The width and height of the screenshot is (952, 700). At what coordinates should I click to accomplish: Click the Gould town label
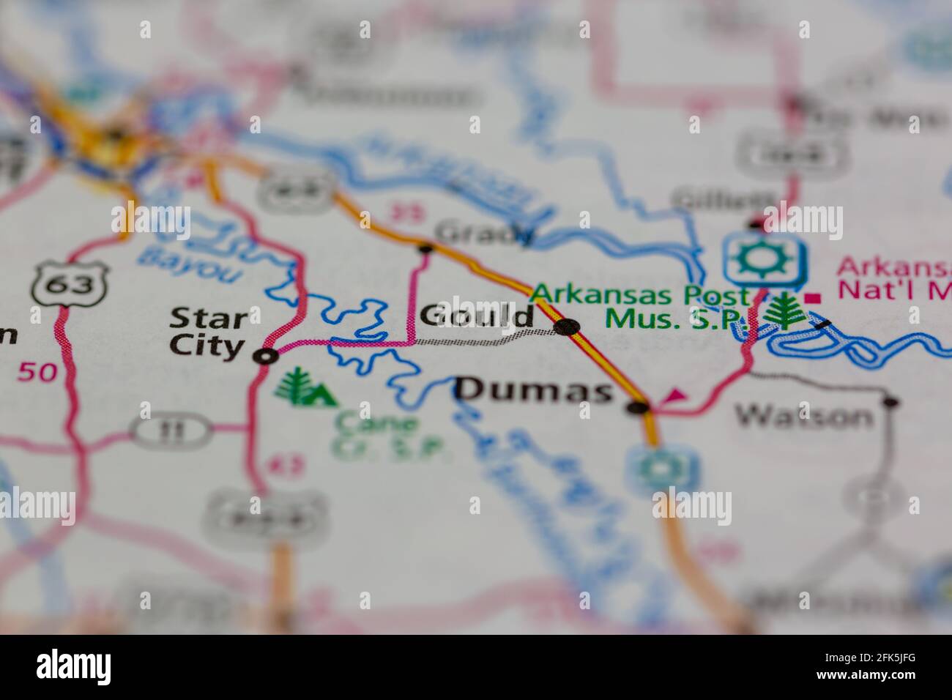click(477, 316)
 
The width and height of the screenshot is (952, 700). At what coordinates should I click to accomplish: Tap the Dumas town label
click(534, 390)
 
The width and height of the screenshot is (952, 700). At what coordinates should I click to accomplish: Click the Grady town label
click(484, 233)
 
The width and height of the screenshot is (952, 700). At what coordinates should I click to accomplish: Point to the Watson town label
click(804, 417)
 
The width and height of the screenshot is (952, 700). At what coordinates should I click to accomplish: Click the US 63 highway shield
click(70, 284)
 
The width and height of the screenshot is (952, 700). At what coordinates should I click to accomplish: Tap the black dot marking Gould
click(567, 327)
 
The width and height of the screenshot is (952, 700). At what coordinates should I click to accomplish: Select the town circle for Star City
click(265, 357)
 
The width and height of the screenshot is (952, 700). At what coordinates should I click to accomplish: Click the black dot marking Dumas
click(639, 407)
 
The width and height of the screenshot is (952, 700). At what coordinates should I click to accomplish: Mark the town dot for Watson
click(890, 401)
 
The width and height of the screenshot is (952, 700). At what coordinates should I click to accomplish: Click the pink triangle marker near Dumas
click(674, 396)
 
